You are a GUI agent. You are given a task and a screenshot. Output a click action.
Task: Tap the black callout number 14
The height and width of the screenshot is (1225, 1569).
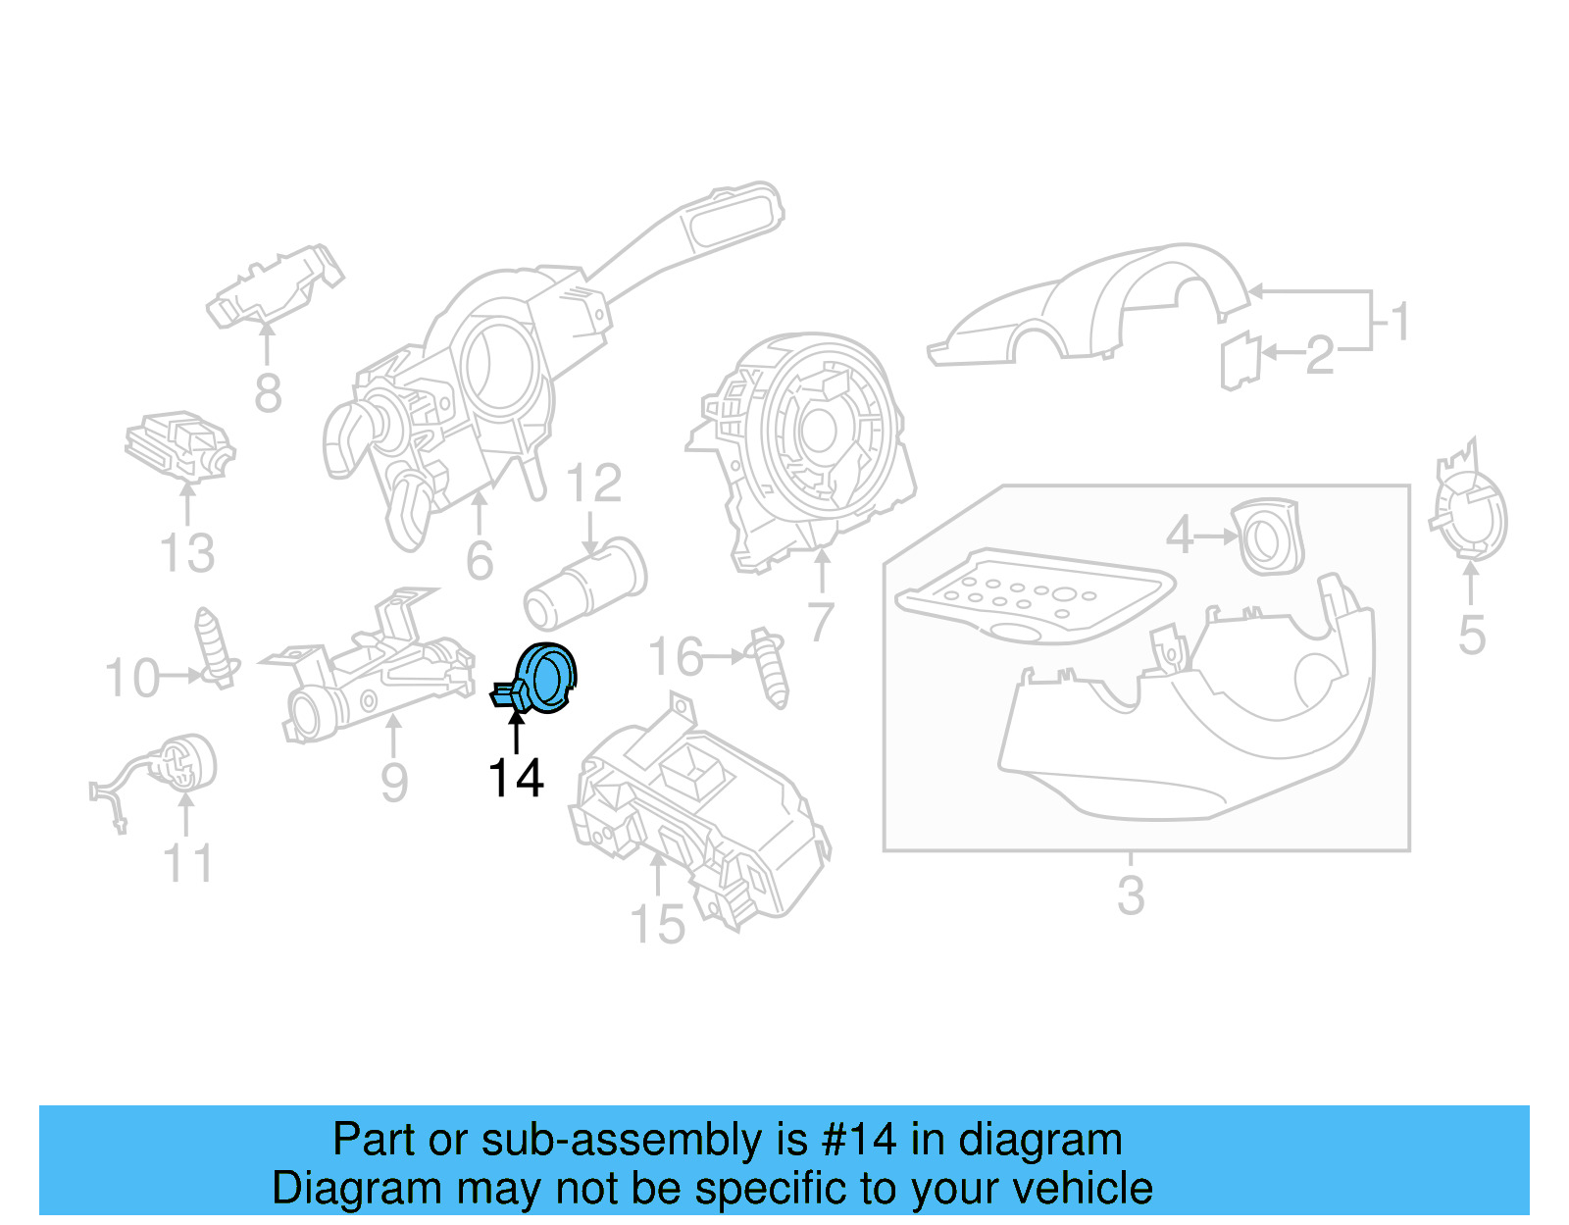click(x=516, y=779)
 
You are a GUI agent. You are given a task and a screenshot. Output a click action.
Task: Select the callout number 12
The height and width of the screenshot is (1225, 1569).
click(x=594, y=484)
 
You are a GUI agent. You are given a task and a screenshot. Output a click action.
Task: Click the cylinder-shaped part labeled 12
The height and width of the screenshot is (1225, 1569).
click(x=585, y=585)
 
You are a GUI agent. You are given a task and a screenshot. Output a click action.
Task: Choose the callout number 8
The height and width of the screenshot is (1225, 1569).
click(x=268, y=393)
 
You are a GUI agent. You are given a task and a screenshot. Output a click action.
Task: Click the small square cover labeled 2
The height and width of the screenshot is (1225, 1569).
click(x=1240, y=360)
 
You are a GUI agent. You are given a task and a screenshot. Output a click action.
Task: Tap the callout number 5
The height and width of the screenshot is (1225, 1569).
click(x=1471, y=636)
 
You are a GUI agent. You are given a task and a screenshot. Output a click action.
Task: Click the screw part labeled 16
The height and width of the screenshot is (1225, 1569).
click(x=770, y=668)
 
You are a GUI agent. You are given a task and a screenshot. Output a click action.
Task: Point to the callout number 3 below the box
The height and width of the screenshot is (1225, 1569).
click(x=1131, y=895)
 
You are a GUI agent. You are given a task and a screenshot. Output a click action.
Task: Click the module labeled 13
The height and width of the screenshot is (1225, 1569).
click(x=179, y=446)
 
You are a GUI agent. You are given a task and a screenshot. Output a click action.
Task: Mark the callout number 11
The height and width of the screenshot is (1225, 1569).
click(x=187, y=864)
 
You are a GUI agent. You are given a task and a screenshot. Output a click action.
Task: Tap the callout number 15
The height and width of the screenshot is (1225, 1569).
click(x=657, y=925)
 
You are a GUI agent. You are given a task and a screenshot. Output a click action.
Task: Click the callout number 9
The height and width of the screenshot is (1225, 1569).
click(x=393, y=783)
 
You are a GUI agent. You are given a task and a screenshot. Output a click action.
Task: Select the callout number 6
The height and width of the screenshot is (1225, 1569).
click(x=480, y=561)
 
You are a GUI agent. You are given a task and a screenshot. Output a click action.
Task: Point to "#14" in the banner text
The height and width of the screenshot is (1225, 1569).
click(x=858, y=1140)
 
